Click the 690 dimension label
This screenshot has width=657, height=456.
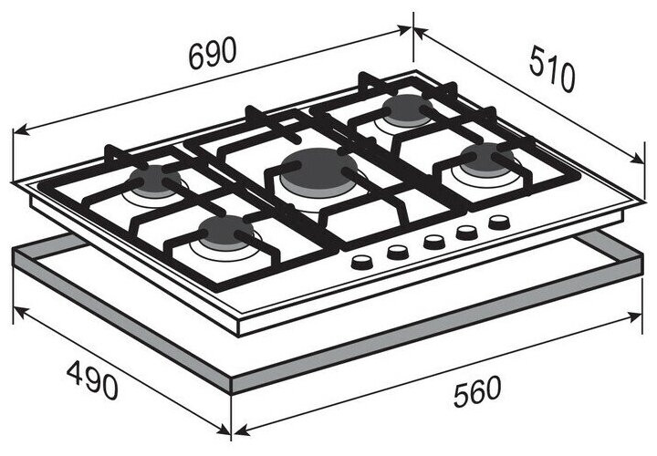click(213, 54)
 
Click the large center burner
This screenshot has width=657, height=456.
click(313, 171)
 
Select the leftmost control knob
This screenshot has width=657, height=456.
click(362, 263)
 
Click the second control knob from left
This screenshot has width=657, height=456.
click(398, 252)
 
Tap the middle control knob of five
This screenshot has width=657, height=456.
click(433, 242)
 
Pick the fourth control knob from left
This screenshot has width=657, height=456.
click(467, 232)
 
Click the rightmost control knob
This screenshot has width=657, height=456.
click(498, 222)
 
